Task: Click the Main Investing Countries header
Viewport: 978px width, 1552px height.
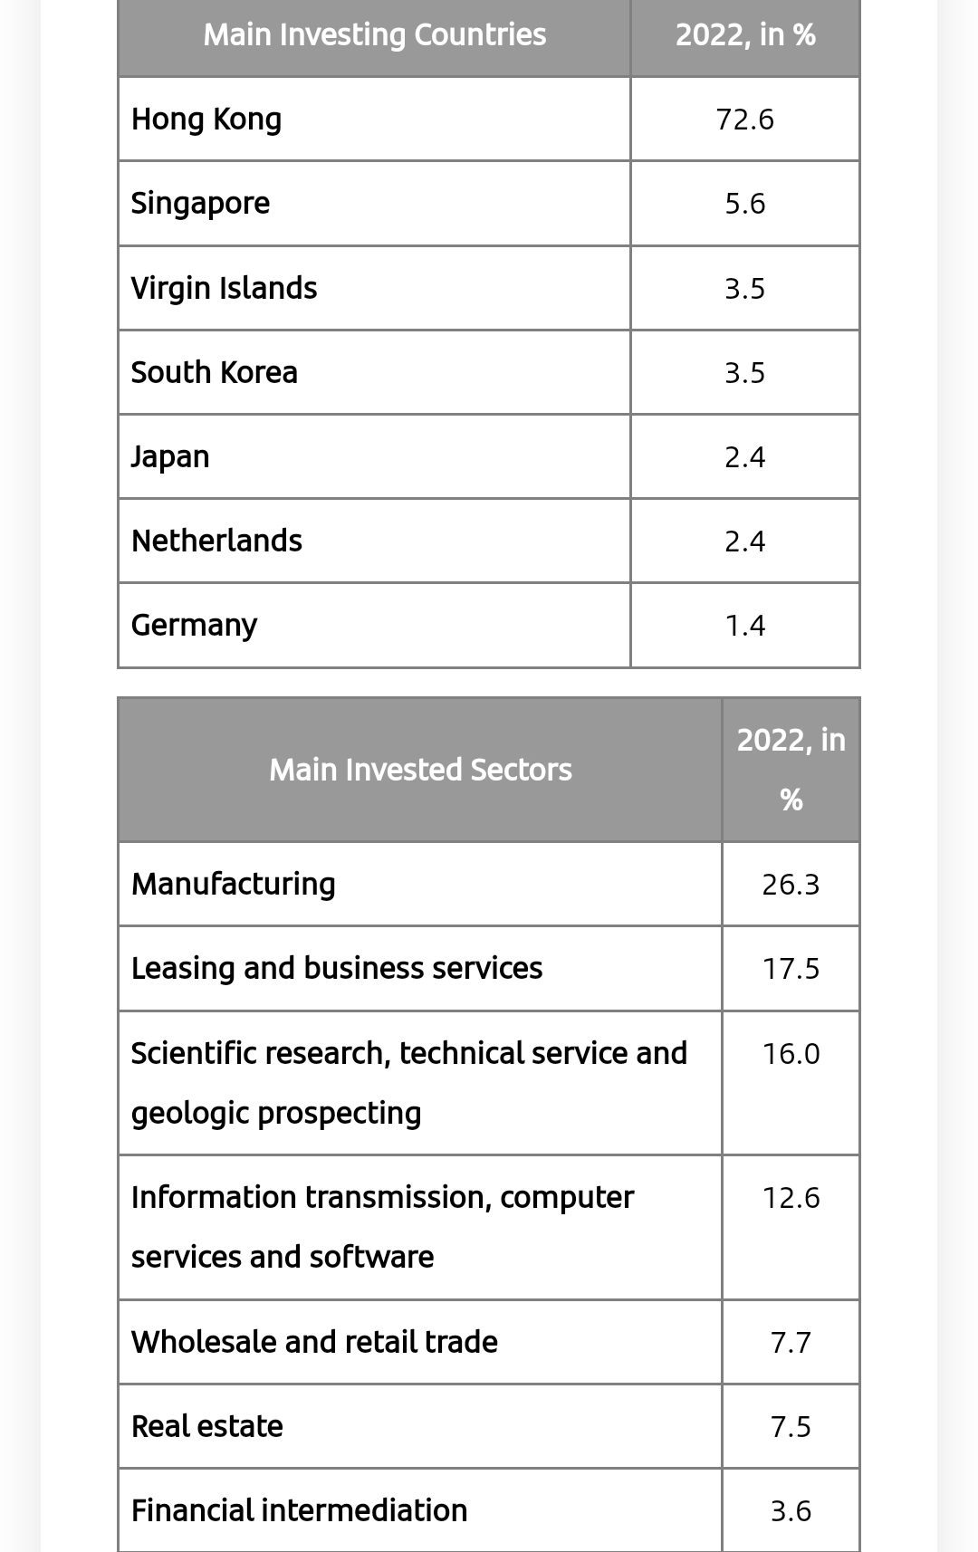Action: (374, 35)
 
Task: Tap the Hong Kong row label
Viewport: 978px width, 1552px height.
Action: (206, 120)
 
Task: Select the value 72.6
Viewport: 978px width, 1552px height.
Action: (744, 120)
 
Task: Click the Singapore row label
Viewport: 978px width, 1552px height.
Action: (200, 204)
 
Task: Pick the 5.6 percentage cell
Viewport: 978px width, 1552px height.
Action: (744, 204)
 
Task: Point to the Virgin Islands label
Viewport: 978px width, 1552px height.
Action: (224, 288)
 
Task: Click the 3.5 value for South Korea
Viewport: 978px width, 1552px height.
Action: (744, 373)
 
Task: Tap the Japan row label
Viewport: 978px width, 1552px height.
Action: (170, 456)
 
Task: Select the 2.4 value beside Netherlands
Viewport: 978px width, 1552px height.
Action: (744, 541)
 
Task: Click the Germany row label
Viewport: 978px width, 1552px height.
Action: (194, 626)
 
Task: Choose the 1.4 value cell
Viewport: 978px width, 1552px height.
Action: (744, 626)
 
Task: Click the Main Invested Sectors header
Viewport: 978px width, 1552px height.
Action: (420, 770)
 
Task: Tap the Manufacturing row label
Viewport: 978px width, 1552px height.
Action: (233, 884)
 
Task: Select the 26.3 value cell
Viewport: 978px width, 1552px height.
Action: (791, 885)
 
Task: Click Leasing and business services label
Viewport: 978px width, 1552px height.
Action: (336, 968)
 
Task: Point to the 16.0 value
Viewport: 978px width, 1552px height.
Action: (791, 1054)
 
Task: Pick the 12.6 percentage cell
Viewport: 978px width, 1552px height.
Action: (791, 1198)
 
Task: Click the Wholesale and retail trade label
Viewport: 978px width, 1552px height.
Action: (314, 1342)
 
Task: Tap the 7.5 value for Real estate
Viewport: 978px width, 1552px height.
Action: (791, 1427)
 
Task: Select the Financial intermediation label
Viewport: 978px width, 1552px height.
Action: (299, 1510)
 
